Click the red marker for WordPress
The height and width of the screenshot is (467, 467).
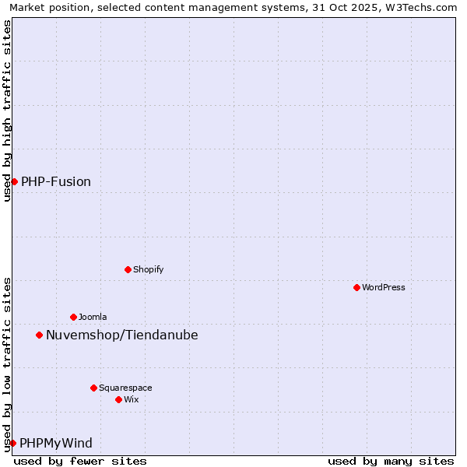click(356, 287)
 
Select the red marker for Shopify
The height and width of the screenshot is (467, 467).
click(128, 269)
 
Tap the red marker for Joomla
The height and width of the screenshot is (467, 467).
click(73, 317)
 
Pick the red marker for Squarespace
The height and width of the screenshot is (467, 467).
click(93, 388)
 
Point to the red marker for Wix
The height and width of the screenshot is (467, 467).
click(118, 399)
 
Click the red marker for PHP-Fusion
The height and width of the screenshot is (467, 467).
click(14, 181)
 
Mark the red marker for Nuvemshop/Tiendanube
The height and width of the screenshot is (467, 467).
click(39, 335)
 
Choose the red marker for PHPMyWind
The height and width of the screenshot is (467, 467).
click(12, 443)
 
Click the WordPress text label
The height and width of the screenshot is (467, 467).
click(384, 287)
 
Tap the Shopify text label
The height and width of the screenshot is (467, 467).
click(148, 269)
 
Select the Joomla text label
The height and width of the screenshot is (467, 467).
click(93, 317)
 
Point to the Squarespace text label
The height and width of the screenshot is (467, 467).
click(125, 388)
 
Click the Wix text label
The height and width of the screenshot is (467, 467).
click(132, 399)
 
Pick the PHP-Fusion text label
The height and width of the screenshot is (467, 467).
click(56, 181)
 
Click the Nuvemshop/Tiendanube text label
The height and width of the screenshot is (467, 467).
click(122, 335)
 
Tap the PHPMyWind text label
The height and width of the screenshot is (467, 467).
click(56, 443)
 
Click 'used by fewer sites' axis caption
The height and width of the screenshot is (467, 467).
click(80, 461)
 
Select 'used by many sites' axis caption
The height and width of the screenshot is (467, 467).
click(391, 461)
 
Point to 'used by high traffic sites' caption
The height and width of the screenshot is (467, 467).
click(7, 111)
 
